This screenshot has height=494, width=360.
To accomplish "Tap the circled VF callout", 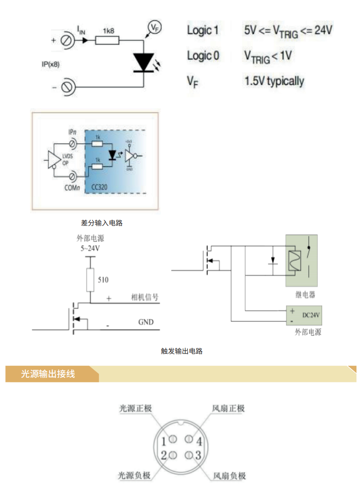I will point(154,27).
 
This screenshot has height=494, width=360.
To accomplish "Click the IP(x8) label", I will point(50,64).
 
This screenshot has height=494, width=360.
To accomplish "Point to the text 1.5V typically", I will point(274,81).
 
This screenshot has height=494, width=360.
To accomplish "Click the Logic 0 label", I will point(203,56).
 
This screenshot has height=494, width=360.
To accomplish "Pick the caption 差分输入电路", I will point(102,223).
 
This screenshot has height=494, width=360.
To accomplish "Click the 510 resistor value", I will point(103,280).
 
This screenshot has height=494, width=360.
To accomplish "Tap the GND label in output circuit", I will point(146,322).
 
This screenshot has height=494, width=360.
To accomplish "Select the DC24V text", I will point(311,315).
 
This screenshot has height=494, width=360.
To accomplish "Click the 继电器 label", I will point(305,295).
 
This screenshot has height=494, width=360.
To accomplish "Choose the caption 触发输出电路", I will point(182,351).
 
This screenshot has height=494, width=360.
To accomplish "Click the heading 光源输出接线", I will point(48,374).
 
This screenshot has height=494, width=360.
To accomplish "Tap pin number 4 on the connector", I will point(199,442).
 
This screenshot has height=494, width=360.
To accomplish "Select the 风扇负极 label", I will point(230,476).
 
